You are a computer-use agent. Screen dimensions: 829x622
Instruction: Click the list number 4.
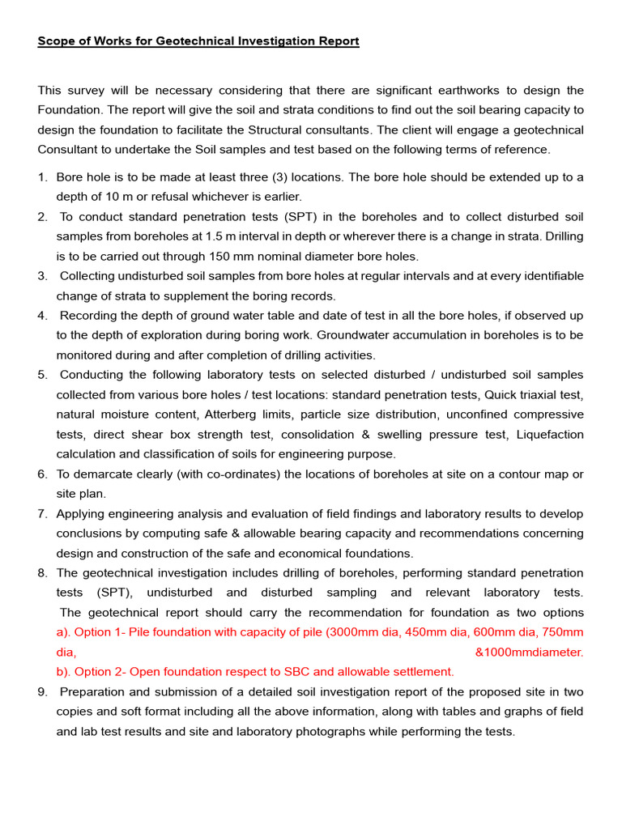41,316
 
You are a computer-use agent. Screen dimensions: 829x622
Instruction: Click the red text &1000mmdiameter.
529,653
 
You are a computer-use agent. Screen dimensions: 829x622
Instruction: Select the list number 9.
41,692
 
